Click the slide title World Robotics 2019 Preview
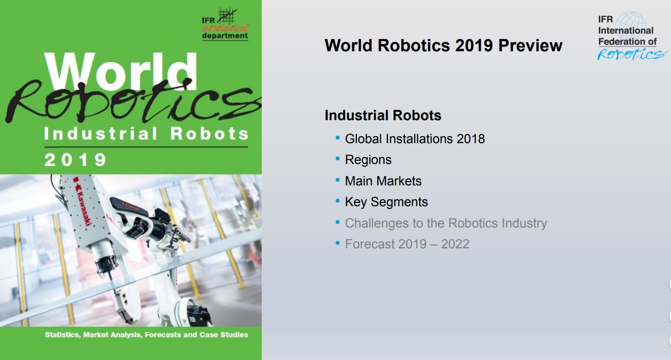coord(443,45)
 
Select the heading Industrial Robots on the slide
coord(383,115)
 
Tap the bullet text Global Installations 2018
coord(415,139)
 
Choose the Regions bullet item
coord(368,160)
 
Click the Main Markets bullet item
coord(383,181)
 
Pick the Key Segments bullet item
coord(386,202)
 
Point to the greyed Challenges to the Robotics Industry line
coord(446,223)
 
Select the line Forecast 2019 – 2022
coord(407,244)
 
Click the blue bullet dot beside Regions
coord(338,159)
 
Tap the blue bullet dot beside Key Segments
coord(338,201)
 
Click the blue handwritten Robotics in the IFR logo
coord(631,54)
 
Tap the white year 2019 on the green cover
coord(75,160)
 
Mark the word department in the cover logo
coord(225,36)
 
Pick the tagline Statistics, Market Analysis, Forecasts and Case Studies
coord(146,334)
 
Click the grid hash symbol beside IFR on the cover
coord(227,16)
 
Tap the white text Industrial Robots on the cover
coord(146,134)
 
